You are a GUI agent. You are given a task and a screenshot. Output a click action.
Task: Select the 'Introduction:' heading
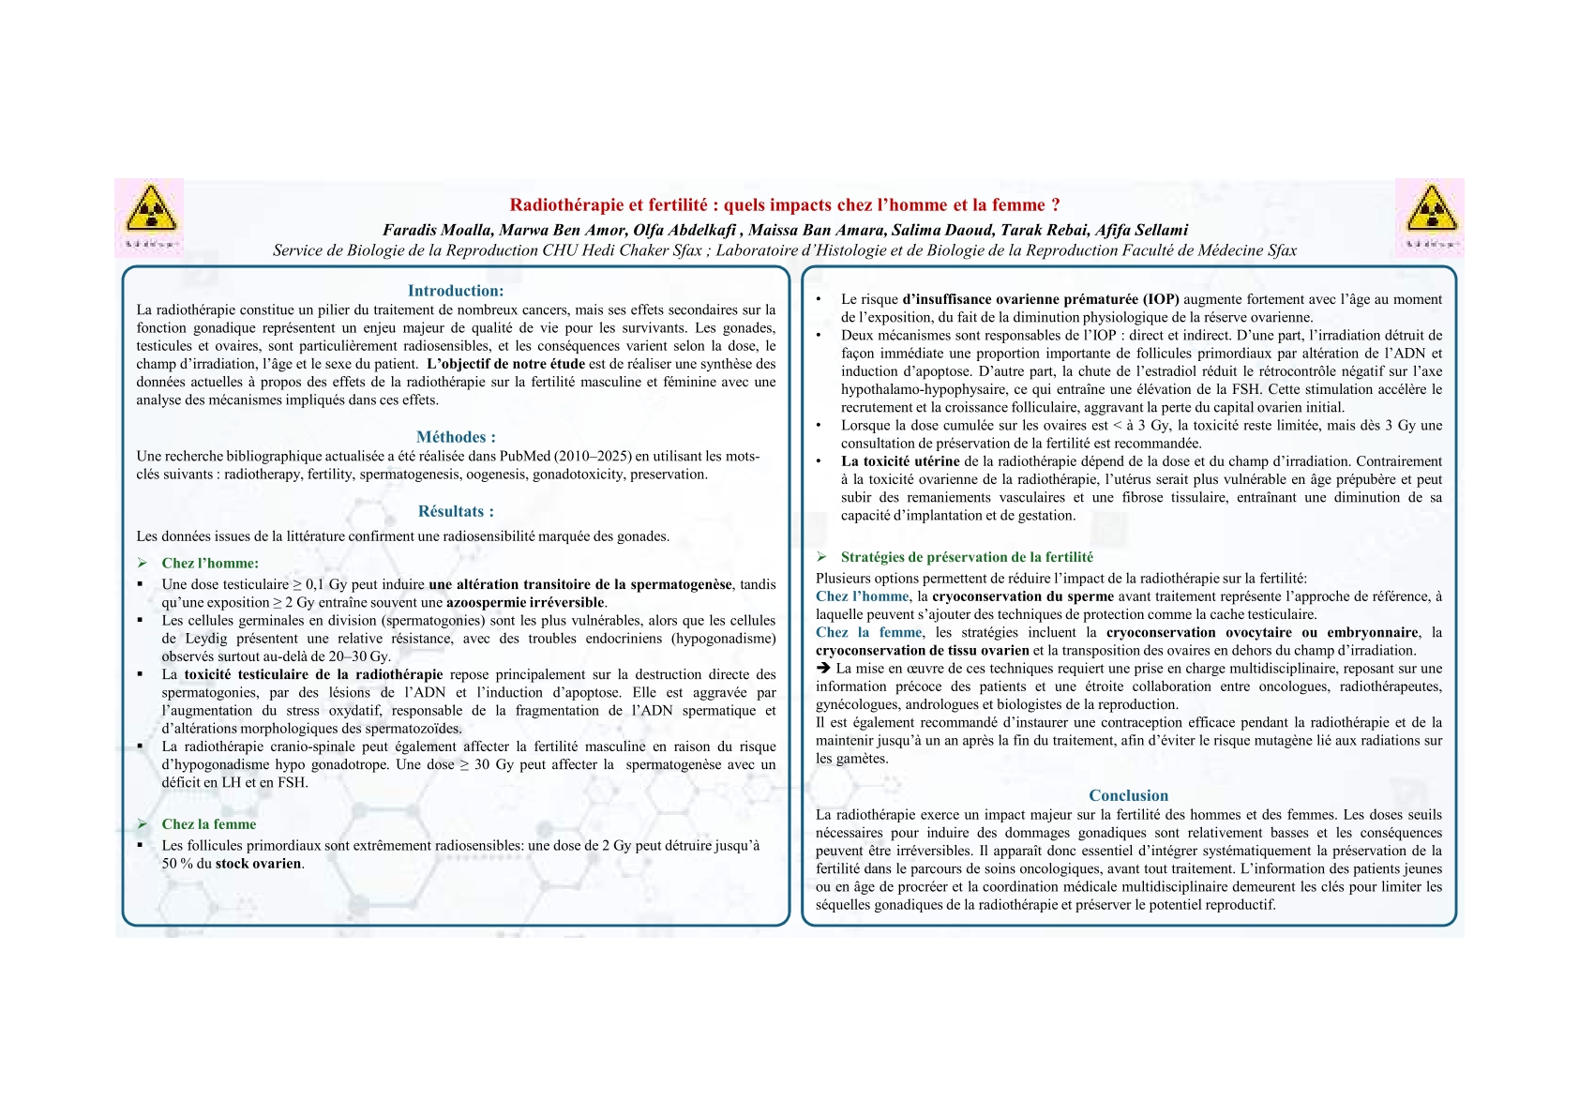(456, 291)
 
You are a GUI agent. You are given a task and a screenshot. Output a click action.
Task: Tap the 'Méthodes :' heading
(456, 437)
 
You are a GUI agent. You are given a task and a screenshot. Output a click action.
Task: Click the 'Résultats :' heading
(456, 511)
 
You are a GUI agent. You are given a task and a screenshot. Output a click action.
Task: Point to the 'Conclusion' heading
(1128, 795)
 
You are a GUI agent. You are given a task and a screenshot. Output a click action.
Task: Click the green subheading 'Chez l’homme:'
(210, 563)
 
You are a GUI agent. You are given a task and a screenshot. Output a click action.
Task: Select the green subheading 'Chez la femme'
(208, 824)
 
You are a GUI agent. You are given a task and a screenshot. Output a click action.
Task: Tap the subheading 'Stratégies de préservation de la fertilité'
(967, 557)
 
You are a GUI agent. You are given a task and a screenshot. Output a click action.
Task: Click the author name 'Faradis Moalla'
(436, 230)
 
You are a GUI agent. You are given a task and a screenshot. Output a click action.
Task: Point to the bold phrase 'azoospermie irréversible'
(525, 603)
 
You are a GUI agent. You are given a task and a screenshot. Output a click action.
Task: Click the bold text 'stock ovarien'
(259, 864)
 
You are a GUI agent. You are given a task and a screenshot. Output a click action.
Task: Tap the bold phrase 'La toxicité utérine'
(900, 461)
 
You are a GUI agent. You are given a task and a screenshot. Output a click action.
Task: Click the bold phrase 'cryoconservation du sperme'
(1023, 596)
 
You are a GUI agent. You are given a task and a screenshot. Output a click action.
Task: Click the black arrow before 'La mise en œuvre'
(823, 669)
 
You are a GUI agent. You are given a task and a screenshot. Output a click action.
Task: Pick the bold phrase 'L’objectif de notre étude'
(505, 364)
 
